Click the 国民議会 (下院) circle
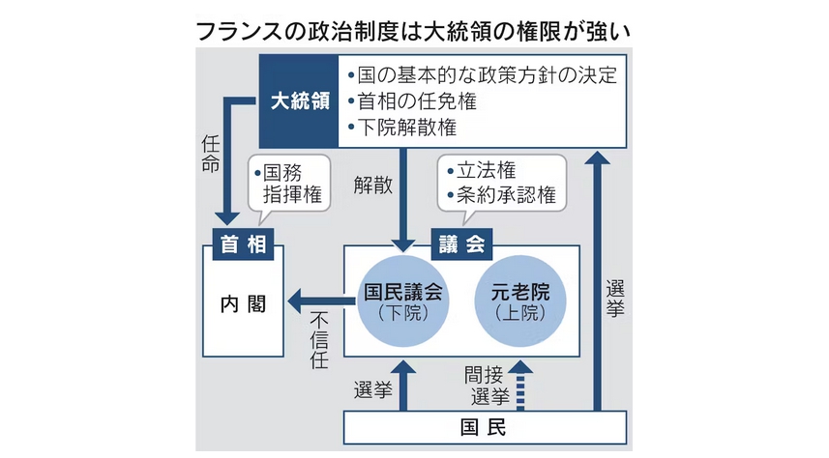click(401, 301)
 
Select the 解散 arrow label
click(373, 186)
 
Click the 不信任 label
click(320, 342)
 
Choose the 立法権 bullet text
click(486, 171)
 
